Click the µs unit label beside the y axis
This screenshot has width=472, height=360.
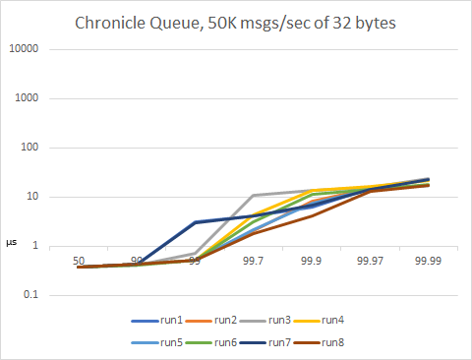point(12,241)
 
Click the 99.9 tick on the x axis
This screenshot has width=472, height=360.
point(312,261)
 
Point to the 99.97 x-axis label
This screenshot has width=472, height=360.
point(370,261)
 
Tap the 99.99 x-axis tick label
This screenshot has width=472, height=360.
point(428,261)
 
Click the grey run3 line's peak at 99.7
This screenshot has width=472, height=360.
point(254,196)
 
